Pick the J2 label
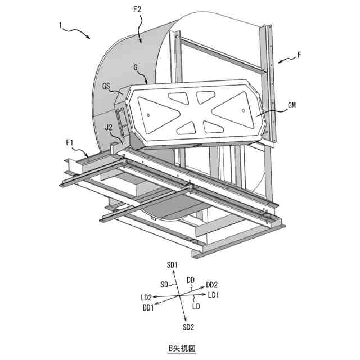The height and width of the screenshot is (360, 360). [109, 128]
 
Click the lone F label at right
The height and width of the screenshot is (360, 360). [299, 56]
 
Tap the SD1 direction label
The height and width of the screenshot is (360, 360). [173, 264]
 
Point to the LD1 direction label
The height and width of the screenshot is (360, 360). [214, 295]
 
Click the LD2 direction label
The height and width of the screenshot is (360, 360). [146, 297]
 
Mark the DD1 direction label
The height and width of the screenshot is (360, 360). [148, 308]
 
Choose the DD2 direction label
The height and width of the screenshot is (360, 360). [211, 285]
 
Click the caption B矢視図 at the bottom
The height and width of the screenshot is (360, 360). [179, 348]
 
